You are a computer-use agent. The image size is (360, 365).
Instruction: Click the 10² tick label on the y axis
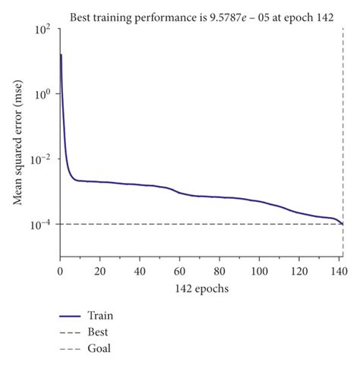point(43,30)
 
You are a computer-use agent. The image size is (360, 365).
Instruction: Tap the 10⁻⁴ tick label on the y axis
point(41,225)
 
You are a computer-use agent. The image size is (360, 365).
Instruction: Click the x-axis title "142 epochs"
point(201,289)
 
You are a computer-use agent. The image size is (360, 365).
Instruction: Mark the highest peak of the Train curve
point(61,55)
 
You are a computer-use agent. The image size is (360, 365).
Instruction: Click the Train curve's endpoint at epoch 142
point(343,225)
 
